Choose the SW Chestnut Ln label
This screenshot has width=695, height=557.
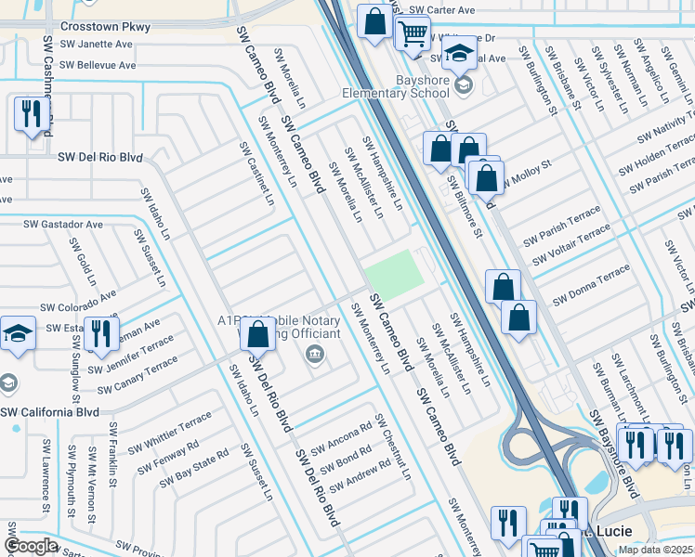[x=393, y=447]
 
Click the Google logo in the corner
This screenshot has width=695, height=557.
[x=31, y=546]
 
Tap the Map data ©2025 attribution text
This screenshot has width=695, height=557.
[x=655, y=550]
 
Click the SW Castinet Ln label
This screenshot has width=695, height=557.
[x=257, y=174]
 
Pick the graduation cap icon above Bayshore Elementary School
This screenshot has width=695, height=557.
[x=458, y=54]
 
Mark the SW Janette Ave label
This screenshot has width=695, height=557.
[x=96, y=45]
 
